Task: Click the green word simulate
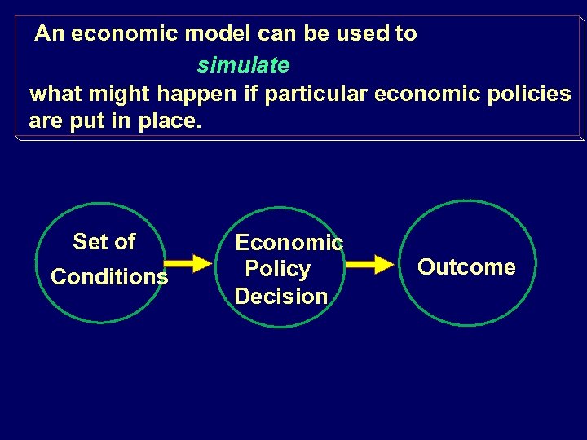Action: [243, 64]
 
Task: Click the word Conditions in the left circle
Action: [109, 277]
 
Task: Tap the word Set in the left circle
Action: [90, 242]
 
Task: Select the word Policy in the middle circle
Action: [278, 269]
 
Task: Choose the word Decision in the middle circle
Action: [281, 296]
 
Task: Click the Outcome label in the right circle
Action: [466, 267]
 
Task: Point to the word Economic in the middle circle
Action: [289, 242]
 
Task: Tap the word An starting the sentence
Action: [49, 34]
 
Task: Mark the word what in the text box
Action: [55, 94]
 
